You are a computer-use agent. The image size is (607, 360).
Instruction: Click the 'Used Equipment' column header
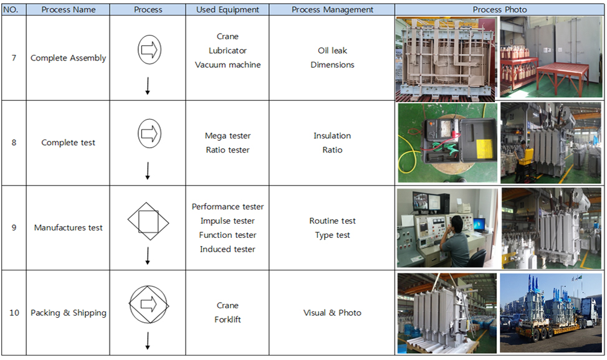pos(227,10)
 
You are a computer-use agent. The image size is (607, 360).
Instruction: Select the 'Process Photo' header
pos(499,10)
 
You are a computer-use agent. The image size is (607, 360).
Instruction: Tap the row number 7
pos(14,58)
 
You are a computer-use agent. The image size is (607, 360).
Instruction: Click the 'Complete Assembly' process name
pos(68,58)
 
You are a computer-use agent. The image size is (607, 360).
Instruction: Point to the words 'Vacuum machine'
pos(227,65)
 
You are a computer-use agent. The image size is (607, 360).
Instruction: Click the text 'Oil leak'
pos(332,50)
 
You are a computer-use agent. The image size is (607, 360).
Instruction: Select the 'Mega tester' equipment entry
pos(227,136)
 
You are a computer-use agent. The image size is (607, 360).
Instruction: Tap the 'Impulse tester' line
pos(227,220)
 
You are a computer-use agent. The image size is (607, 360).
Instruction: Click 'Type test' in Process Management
pos(332,235)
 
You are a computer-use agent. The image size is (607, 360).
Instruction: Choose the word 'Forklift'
pos(227,320)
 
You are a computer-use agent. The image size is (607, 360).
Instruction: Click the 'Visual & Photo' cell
pos(332,313)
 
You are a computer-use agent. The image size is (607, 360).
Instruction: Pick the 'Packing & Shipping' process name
pos(68,313)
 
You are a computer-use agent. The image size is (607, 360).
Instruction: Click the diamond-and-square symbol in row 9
pos(148,222)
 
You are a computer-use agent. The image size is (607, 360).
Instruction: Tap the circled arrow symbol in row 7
pos(150,50)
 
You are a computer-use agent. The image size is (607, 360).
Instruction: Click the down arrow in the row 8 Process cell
pos(148,171)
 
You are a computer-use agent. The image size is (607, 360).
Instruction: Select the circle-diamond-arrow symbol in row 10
pos(149,305)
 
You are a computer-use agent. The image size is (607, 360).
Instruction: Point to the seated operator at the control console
pos(457,242)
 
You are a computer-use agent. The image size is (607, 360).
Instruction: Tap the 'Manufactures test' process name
pos(68,227)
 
